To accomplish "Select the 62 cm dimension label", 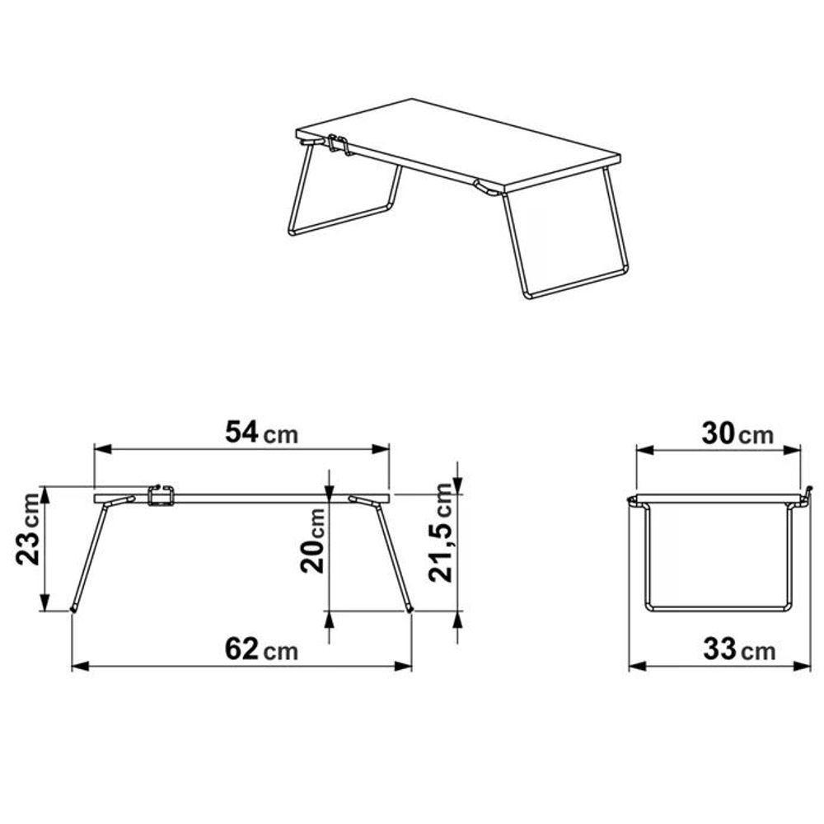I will tap(262, 650).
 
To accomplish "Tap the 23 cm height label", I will tap(28, 541).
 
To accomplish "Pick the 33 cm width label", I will tap(738, 651).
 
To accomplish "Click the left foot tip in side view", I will tap(73, 608).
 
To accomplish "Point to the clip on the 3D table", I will tap(337, 145).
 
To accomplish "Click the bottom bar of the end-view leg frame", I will tap(717, 608).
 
